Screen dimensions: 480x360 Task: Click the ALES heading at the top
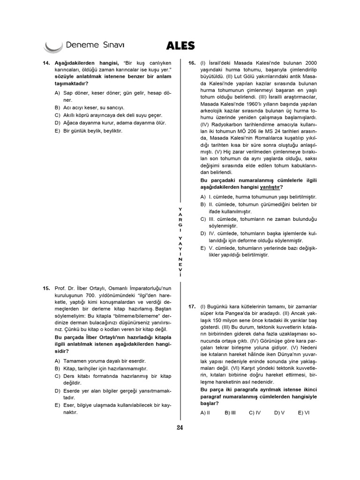coord(180,45)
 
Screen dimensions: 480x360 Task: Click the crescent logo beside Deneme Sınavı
coord(52,47)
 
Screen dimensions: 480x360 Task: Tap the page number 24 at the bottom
coord(180,427)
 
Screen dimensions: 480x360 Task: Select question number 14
coord(46,63)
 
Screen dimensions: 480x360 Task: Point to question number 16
coord(192,63)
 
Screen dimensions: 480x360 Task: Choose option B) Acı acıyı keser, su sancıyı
coord(89,107)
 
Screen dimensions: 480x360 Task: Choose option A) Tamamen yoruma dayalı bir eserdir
coord(100,361)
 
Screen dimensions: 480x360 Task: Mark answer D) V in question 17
coord(279,412)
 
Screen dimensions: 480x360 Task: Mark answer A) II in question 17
coord(205,412)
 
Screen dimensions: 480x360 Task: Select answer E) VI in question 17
coord(304,412)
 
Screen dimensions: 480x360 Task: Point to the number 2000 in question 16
coord(311,63)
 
